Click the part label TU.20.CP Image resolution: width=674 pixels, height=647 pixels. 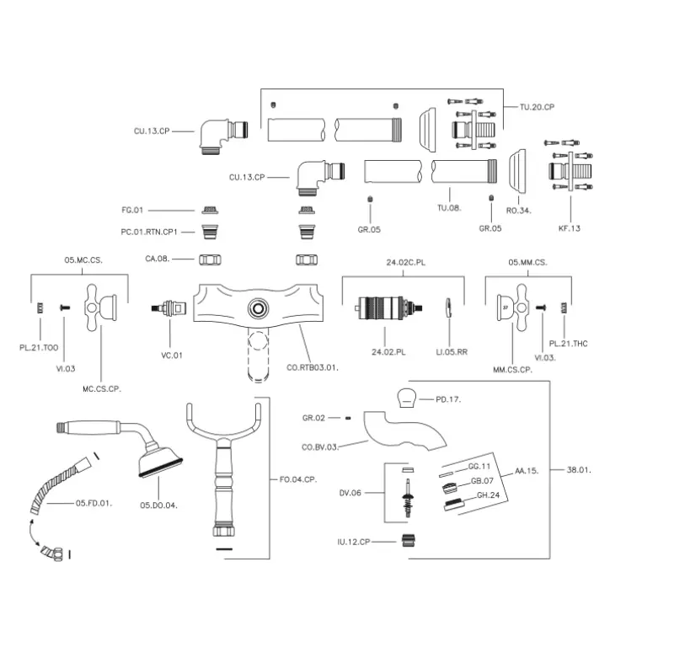538,107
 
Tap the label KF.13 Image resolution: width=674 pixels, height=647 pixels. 569,228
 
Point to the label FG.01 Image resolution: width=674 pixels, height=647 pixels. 134,209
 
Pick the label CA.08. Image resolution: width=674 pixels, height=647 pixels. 157,259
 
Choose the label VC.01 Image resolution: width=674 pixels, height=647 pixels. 172,355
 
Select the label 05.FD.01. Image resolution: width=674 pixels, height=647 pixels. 94,503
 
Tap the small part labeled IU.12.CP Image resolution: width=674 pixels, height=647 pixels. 409,541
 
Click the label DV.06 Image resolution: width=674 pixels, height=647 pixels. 350,494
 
